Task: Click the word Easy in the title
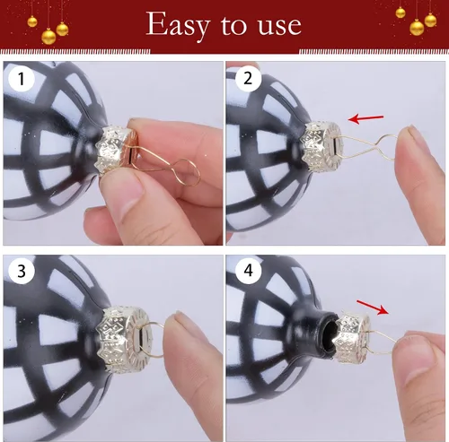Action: pyautogui.click(x=178, y=25)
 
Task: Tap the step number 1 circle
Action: pyautogui.click(x=22, y=79)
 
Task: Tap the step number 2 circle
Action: pyautogui.click(x=248, y=79)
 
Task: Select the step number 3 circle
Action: pyautogui.click(x=22, y=271)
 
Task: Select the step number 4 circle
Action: pyautogui.click(x=248, y=271)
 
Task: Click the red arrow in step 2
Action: pyautogui.click(x=365, y=118)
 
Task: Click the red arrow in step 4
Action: pyautogui.click(x=373, y=308)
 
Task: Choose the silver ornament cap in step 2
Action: pyautogui.click(x=321, y=146)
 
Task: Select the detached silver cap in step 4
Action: pyautogui.click(x=352, y=338)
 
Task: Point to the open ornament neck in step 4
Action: pyautogui.click(x=327, y=332)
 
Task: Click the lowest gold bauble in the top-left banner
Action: pyautogui.click(x=48, y=37)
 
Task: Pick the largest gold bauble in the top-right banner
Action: pyautogui.click(x=417, y=27)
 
